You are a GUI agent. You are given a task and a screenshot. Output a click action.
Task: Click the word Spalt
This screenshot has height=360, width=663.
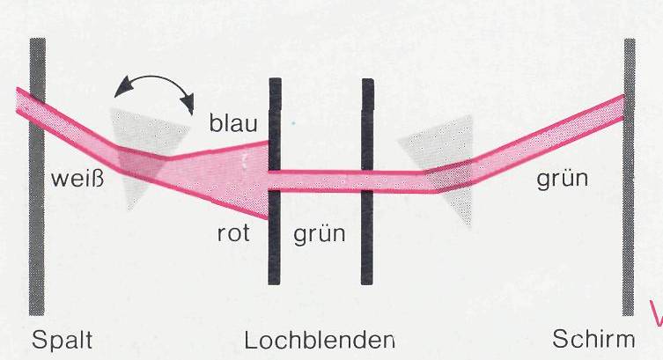63,340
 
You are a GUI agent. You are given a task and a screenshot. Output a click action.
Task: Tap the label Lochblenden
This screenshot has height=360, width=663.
320,340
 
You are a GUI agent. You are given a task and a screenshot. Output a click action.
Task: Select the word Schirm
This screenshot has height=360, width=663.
593,339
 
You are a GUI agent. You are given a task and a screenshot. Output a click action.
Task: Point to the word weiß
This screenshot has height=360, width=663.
77,179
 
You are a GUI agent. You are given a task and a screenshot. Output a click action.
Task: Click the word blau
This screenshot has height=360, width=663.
233,123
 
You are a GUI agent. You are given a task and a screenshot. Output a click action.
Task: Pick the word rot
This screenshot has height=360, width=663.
233,233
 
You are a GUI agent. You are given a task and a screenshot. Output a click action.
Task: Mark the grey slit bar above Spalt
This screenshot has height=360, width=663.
37,177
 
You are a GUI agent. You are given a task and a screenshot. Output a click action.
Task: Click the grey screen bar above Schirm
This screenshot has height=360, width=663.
629,177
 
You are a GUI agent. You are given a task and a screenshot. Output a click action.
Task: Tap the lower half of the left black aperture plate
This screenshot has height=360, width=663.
275,238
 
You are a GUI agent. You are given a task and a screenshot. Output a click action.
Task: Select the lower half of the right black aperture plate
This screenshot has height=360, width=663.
367,238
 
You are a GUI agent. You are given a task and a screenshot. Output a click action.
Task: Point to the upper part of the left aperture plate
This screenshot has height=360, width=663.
275,124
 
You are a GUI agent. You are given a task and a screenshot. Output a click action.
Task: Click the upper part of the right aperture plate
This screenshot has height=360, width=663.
367,124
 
